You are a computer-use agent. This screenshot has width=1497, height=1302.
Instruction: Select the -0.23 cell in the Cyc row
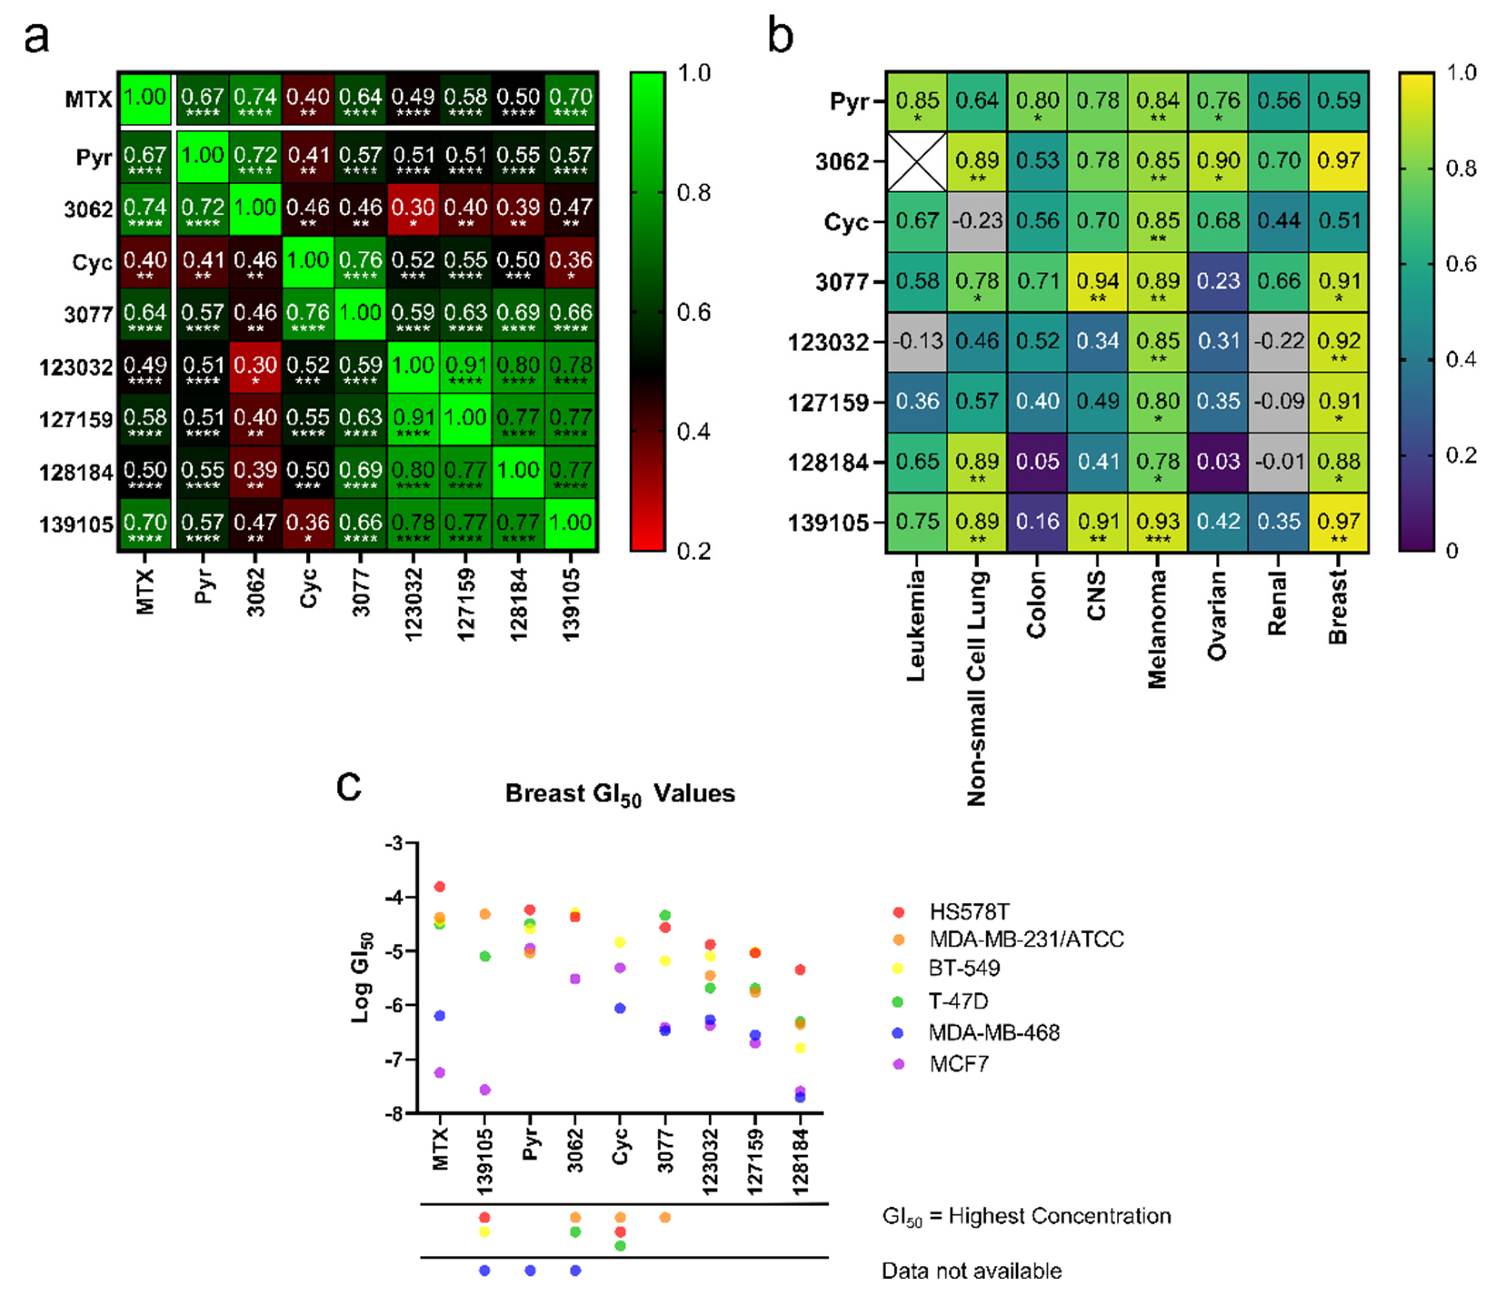click(x=977, y=221)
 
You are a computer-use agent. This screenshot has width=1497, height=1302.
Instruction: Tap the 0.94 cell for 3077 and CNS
click(x=1097, y=282)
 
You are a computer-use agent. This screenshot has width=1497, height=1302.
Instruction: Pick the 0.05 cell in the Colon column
click(x=1037, y=462)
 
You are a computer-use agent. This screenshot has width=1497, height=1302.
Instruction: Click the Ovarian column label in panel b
click(x=1217, y=615)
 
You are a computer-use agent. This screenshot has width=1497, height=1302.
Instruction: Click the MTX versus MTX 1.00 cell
click(x=144, y=98)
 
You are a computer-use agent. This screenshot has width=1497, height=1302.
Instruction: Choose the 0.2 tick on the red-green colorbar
click(x=693, y=551)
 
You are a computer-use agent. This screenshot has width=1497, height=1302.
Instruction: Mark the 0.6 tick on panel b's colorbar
click(x=1461, y=264)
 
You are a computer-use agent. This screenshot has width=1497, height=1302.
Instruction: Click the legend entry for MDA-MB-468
click(x=993, y=1033)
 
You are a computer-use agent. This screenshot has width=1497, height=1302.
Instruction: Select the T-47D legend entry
click(x=958, y=1001)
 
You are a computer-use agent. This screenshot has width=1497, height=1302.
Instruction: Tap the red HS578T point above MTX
click(x=439, y=886)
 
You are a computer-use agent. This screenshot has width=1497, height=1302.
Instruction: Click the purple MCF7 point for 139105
click(x=485, y=1090)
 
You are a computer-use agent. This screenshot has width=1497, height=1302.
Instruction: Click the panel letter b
click(x=780, y=36)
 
